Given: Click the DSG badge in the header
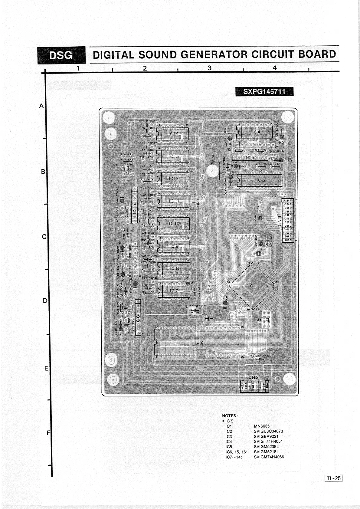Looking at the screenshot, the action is pyautogui.click(x=61, y=55).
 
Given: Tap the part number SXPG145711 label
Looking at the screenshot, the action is pyautogui.click(x=264, y=91).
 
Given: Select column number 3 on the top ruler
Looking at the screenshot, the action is pyautogui.click(x=209, y=68).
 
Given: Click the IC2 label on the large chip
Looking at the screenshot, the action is pyautogui.click(x=199, y=342).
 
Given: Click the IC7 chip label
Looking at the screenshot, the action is pyautogui.click(x=174, y=291).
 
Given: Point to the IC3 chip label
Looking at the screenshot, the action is pyautogui.click(x=261, y=180).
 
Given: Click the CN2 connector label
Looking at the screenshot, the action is pyautogui.click(x=254, y=377).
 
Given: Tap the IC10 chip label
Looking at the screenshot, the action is pyautogui.click(x=174, y=224).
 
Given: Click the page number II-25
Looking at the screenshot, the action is pyautogui.click(x=333, y=478).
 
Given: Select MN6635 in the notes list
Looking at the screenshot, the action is pyautogui.click(x=262, y=426).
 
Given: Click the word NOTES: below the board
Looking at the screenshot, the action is pyautogui.click(x=230, y=416).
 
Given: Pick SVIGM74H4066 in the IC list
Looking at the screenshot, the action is pyautogui.click(x=269, y=457).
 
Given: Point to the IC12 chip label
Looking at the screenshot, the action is pyautogui.click(x=174, y=179).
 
